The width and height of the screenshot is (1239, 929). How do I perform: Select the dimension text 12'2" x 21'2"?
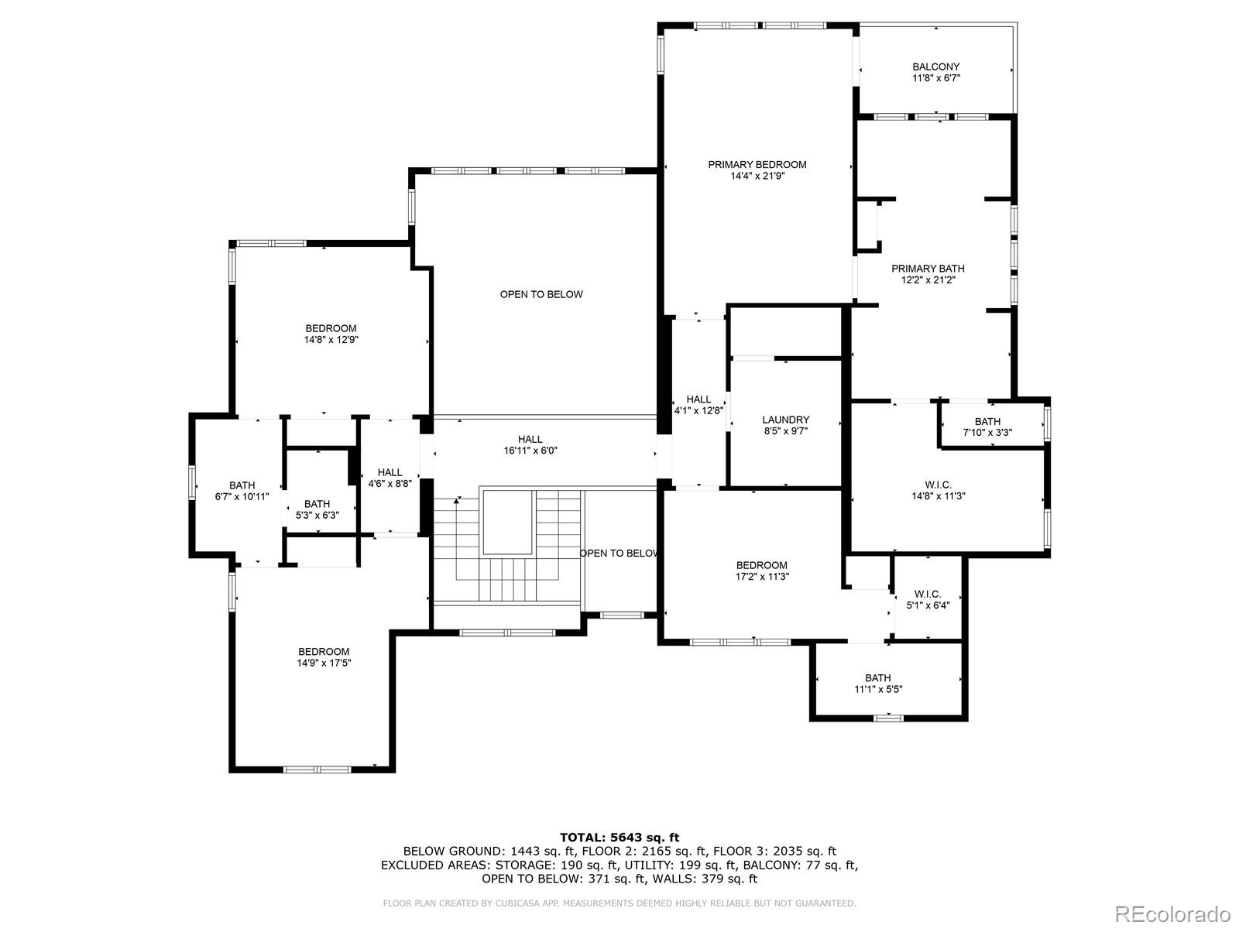[928, 280]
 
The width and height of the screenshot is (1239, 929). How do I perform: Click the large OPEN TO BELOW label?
[541, 294]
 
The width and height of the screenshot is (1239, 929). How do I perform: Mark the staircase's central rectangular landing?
[507, 523]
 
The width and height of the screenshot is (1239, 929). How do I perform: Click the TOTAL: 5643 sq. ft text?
[619, 837]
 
